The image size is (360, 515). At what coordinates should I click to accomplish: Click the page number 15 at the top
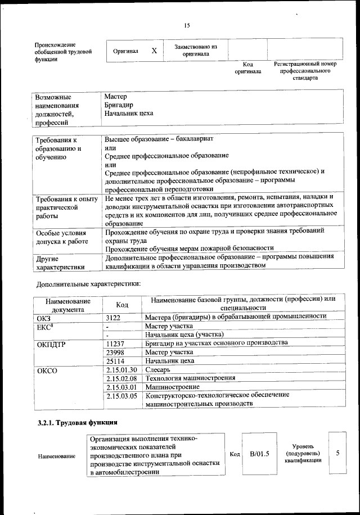pos(187,25)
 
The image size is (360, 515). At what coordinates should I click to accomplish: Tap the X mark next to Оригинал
pos(154,51)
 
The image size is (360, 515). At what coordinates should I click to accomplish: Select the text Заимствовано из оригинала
pos(196,51)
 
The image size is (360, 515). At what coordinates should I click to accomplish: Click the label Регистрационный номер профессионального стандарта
pos(305,71)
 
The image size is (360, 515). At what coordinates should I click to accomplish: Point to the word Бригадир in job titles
pos(118,105)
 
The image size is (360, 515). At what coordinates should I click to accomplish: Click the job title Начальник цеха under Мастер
pos(129,113)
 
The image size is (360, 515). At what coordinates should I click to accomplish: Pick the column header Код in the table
pos(122,304)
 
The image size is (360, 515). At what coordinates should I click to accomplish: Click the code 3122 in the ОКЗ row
pos(114,317)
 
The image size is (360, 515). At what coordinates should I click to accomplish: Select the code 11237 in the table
pos(115,343)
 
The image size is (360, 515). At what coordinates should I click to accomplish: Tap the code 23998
pos(115,352)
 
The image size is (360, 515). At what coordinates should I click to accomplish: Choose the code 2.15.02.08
pos(121,378)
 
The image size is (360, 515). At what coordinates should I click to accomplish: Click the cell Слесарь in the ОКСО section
pos(158,369)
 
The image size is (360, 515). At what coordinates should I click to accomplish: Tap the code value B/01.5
pos(259,454)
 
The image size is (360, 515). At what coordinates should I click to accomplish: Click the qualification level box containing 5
pos(337,453)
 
